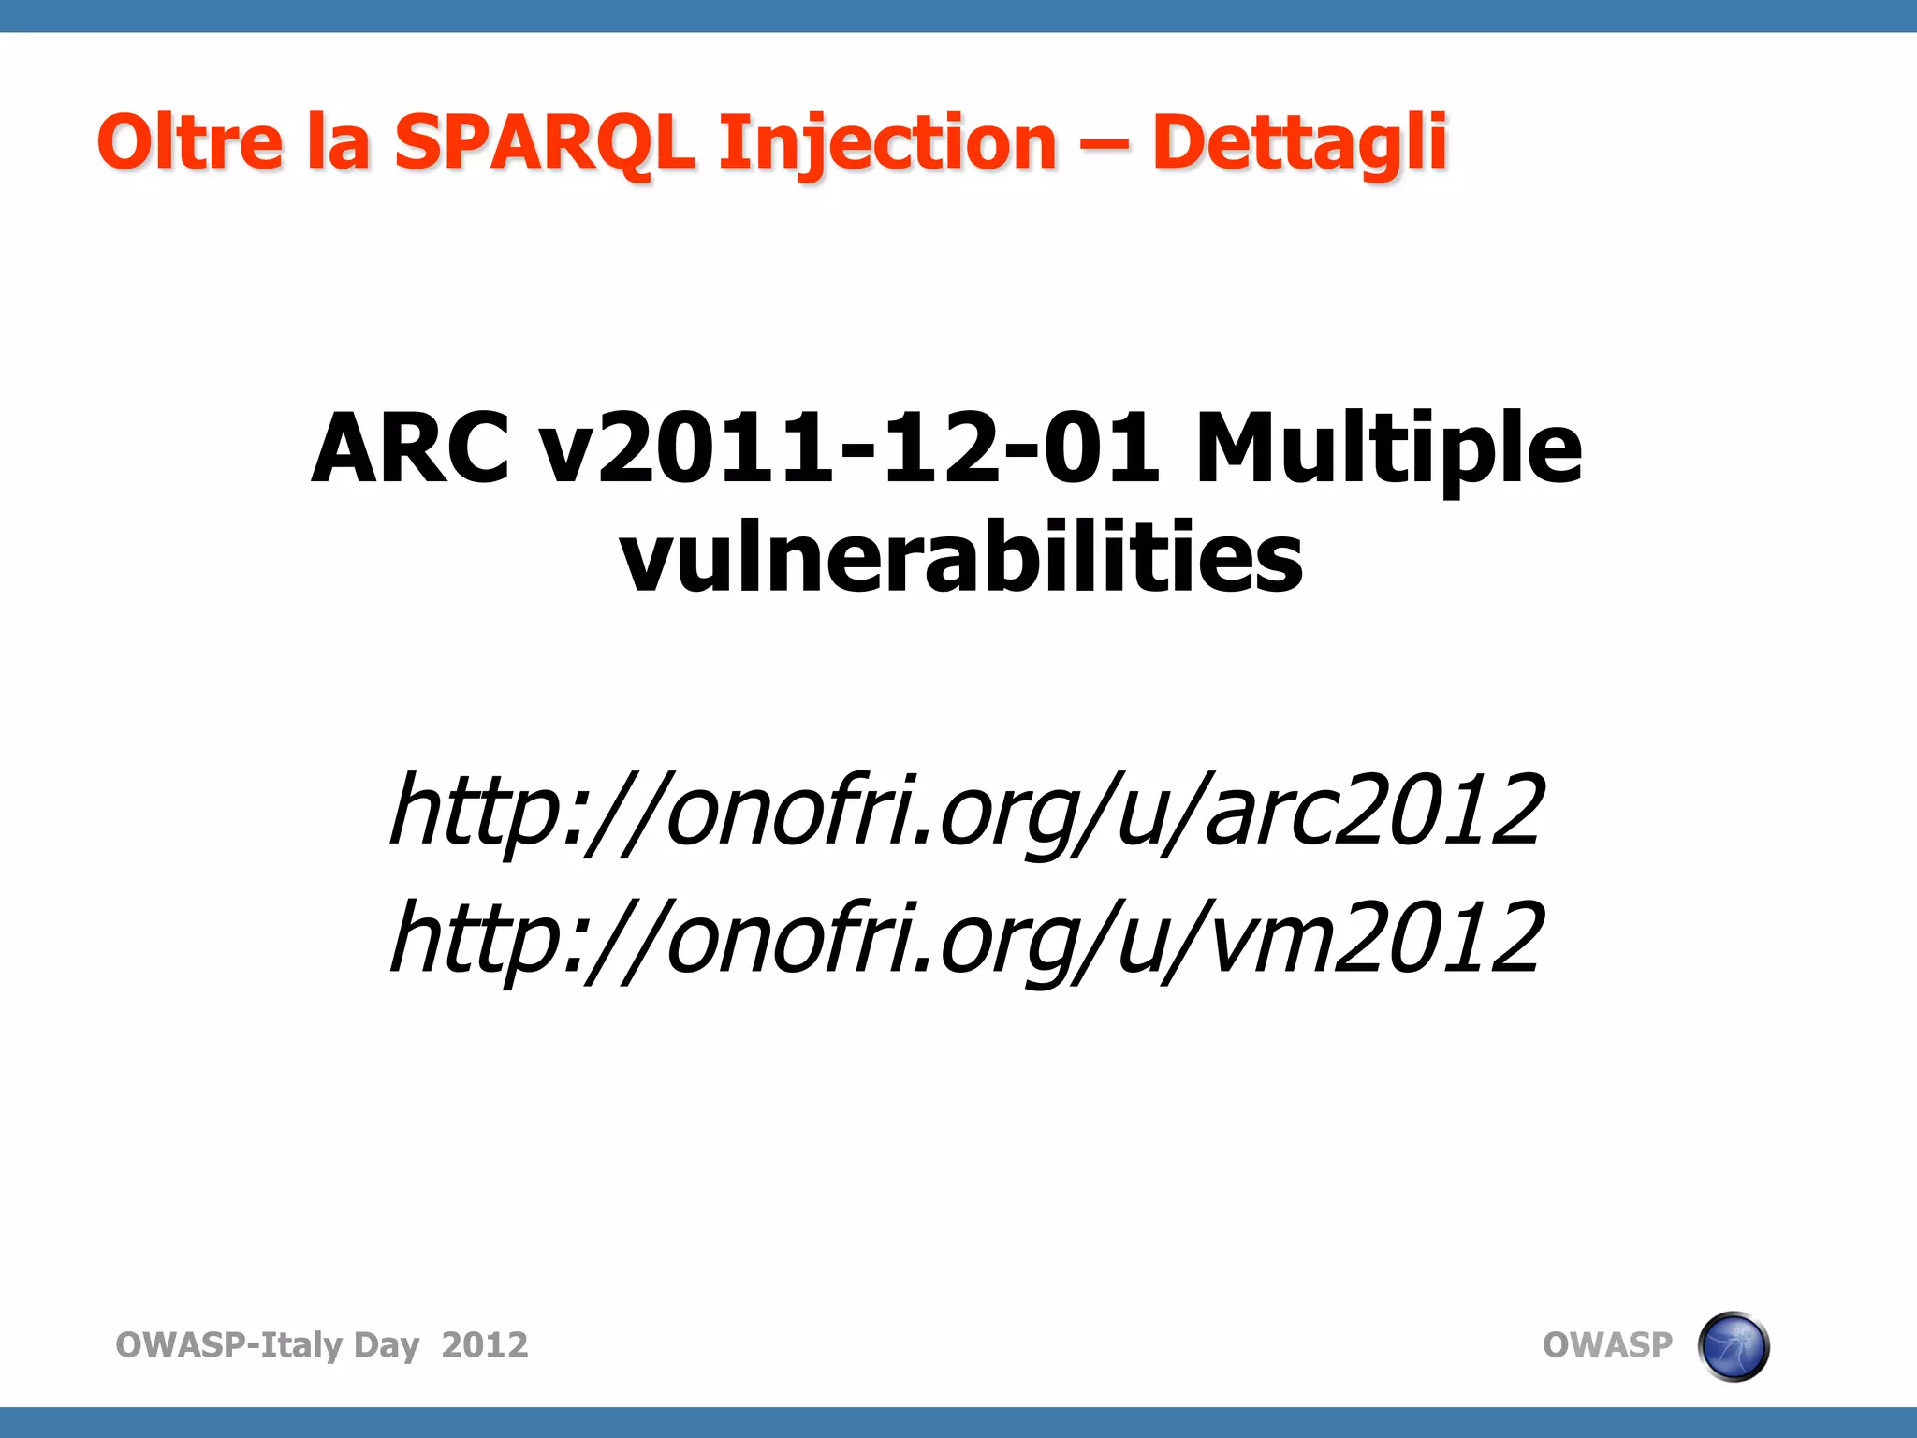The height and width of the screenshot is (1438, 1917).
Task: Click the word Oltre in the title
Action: pyautogui.click(x=189, y=142)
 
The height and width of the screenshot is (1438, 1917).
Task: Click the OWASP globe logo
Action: pyautogui.click(x=1733, y=1346)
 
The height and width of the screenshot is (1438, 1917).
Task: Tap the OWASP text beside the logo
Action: pyautogui.click(x=1606, y=1345)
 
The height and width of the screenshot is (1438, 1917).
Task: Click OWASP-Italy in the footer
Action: pyautogui.click(x=228, y=1345)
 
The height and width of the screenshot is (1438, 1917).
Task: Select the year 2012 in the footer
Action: pyautogui.click(x=484, y=1345)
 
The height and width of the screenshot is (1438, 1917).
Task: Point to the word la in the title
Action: pyautogui.click(x=337, y=142)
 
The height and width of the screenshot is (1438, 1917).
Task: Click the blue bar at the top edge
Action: pyautogui.click(x=958, y=16)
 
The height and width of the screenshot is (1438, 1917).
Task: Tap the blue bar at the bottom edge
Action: pyautogui.click(x=958, y=1422)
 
